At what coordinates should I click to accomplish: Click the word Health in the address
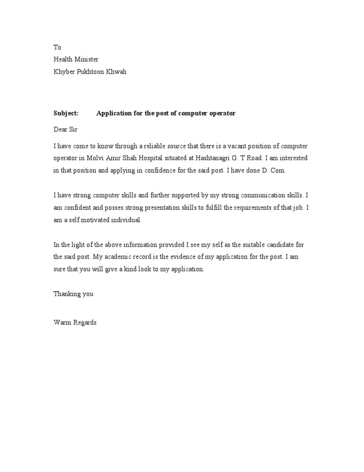tap(63, 59)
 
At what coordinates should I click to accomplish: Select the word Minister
tap(86, 59)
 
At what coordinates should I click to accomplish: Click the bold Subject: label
tap(66, 113)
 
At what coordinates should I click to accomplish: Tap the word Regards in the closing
tap(84, 323)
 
